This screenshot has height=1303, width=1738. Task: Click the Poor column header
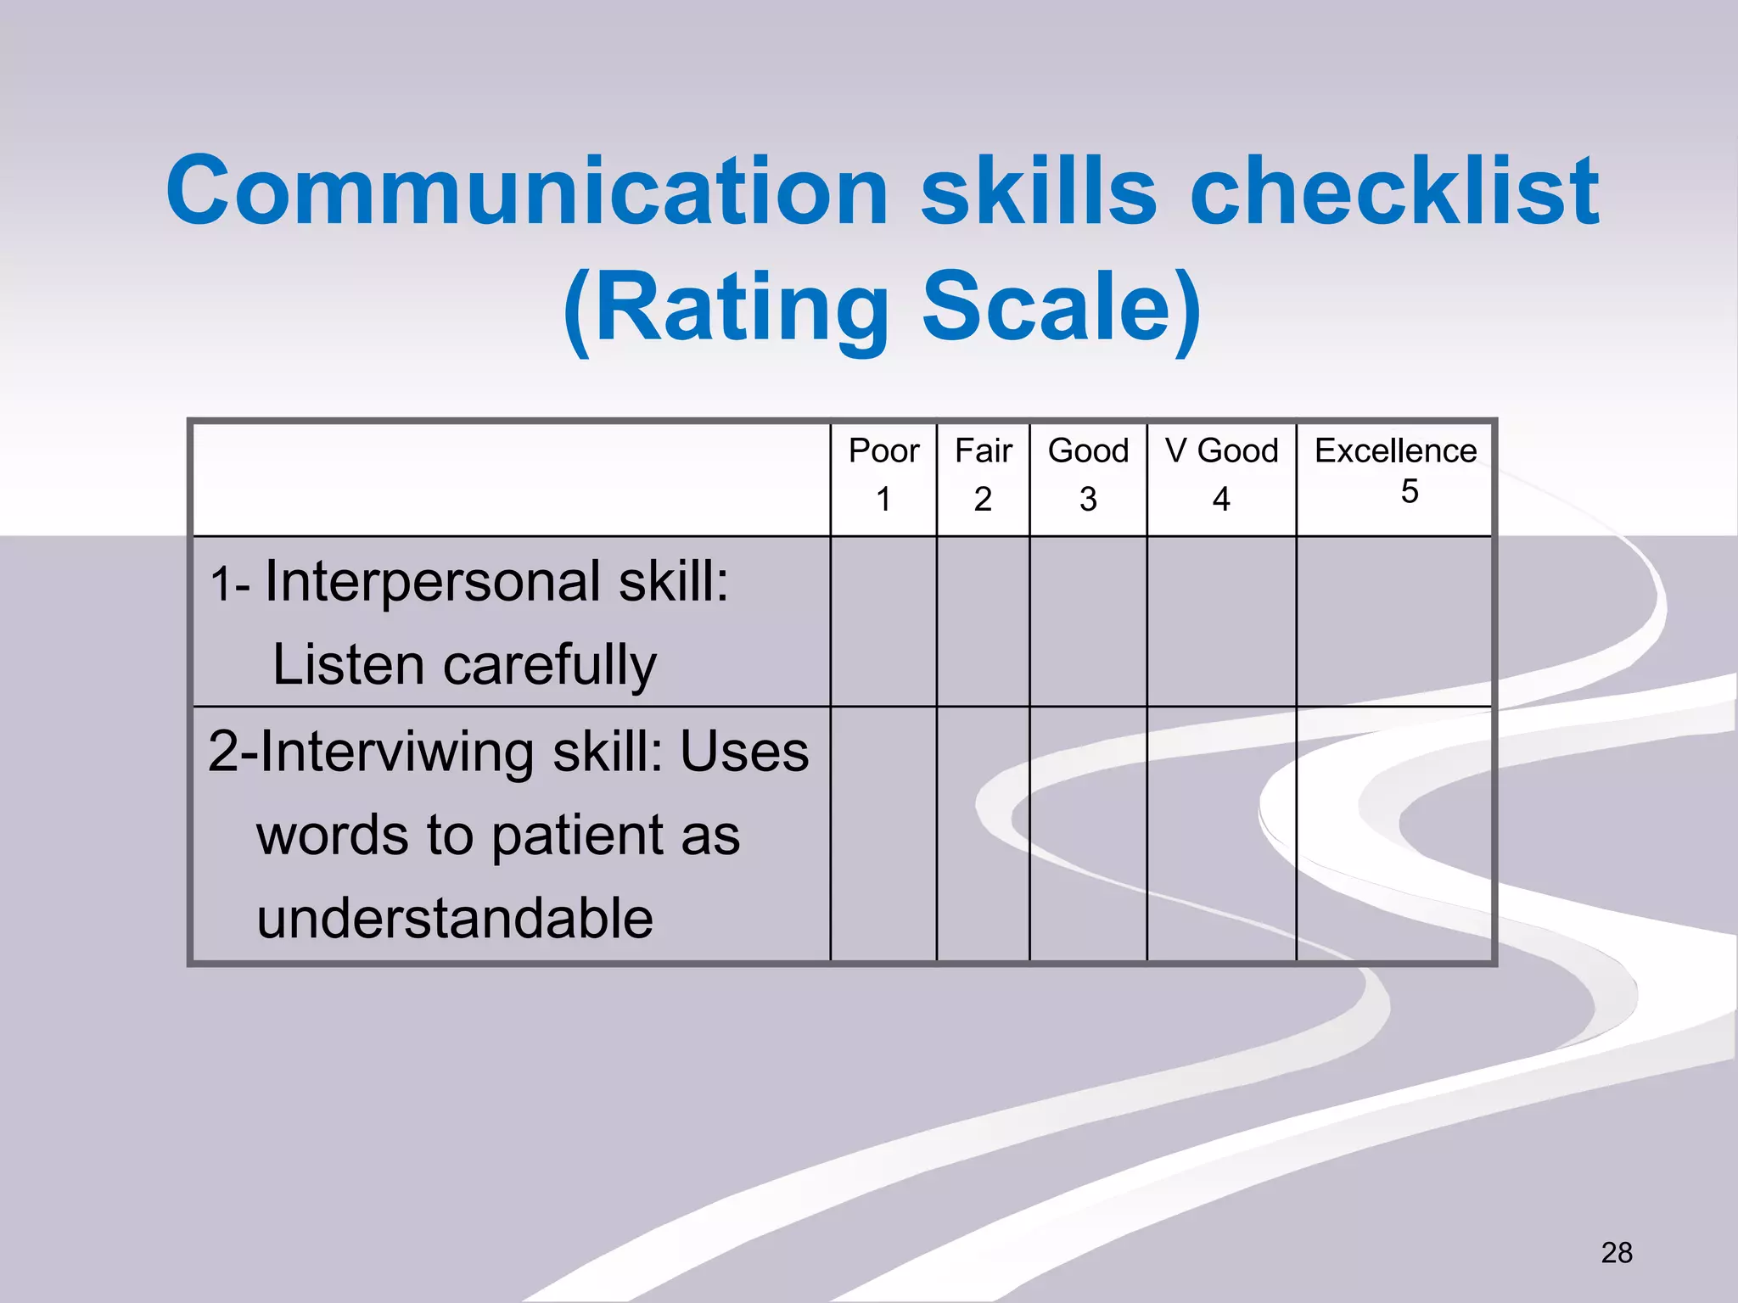tap(883, 450)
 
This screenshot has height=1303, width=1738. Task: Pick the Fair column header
tap(983, 450)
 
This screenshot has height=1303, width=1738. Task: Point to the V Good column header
tap(1221, 450)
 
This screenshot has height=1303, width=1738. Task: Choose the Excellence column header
tap(1395, 450)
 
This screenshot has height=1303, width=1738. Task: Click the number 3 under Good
tap(1088, 499)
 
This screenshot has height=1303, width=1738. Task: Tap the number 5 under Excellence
tap(1409, 491)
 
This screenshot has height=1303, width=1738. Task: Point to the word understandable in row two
tap(455, 918)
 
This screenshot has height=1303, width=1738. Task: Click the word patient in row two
tap(577, 835)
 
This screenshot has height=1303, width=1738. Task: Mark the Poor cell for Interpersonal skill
tap(883, 621)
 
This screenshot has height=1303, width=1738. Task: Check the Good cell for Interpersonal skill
tap(1088, 621)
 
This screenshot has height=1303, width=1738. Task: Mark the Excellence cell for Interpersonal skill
tap(1393, 621)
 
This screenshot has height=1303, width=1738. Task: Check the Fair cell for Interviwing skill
tap(983, 834)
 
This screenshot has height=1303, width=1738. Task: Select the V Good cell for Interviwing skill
tap(1221, 834)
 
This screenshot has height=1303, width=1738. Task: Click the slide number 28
tap(1616, 1252)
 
